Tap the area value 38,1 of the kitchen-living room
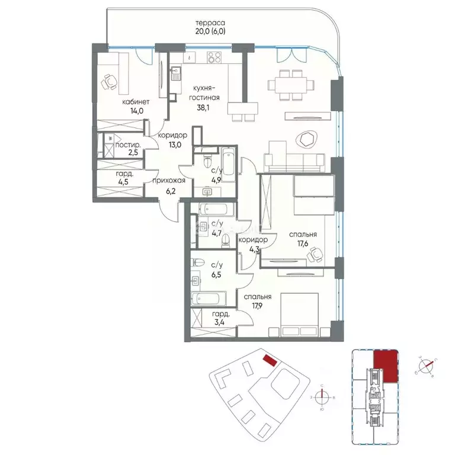click(205, 108)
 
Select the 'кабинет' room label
click(136, 102)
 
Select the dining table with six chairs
click(290, 81)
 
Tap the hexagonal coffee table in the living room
click(307, 139)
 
